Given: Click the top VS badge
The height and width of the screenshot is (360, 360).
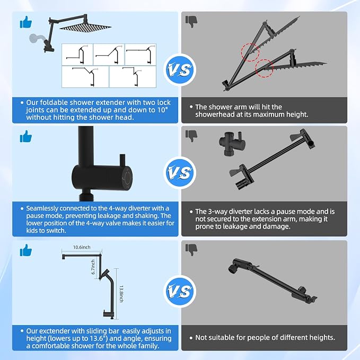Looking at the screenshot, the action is coord(180,70).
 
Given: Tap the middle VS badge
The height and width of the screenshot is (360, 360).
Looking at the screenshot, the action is coord(180,173).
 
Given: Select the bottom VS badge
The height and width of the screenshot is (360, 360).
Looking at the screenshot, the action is coord(180,292).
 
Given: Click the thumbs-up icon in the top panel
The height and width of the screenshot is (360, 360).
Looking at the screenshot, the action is coord(25,22).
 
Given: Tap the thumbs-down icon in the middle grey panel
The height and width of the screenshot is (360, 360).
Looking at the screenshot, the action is coord(191,136).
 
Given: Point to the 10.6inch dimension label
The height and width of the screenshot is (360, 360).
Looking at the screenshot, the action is coord(82,247).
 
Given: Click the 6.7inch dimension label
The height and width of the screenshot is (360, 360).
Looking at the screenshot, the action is coord(93,267).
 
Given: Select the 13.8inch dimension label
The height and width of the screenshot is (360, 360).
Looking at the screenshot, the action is coord(121,294).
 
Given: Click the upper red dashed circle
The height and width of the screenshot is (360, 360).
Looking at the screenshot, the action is coord(250,52).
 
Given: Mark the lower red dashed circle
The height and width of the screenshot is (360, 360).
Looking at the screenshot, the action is coord(264,68).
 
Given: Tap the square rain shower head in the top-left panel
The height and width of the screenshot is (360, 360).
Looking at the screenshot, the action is coord(85,27).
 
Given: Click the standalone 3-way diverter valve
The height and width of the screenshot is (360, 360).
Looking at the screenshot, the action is coord(232,143).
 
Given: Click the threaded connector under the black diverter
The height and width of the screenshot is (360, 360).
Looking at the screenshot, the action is coord(86,197).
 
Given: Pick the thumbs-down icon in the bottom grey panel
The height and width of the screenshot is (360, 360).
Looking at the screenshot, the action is coord(191,250).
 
